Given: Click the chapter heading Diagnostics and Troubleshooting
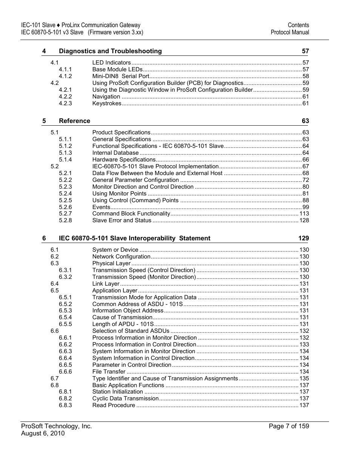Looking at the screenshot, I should click(x=110, y=51).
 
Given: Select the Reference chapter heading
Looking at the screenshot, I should click(x=74, y=121).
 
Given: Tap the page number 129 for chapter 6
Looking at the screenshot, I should click(x=303, y=238).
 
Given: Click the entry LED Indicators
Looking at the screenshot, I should click(x=111, y=63).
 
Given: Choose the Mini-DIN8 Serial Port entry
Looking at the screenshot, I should click(x=121, y=76).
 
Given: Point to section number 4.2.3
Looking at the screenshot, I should click(x=65, y=103).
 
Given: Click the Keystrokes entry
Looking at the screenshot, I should click(x=107, y=103).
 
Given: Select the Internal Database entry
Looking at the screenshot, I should click(x=115, y=153).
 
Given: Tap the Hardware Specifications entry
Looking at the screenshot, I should click(x=124, y=160).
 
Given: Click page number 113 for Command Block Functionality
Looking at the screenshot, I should click(x=304, y=214).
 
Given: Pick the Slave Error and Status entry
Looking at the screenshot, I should click(x=122, y=220).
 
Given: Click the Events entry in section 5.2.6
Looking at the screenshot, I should click(x=101, y=207).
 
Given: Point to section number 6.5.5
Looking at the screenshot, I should click(x=65, y=324).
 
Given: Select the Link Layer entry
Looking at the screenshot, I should click(x=106, y=284).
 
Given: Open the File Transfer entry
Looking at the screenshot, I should click(x=109, y=372).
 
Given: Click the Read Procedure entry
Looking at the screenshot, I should click(x=114, y=405).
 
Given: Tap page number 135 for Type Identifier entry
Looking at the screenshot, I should click(x=304, y=378).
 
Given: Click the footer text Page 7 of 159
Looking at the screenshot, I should click(x=289, y=426).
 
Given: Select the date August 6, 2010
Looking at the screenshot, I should click(x=43, y=434).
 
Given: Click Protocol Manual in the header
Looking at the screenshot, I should click(x=290, y=32).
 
